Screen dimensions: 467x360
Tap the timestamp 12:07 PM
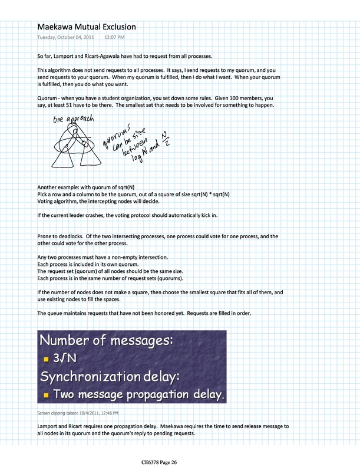click(x=114, y=37)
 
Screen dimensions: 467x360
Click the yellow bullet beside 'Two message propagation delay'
click(x=46, y=394)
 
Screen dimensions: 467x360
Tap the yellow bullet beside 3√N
click(x=46, y=359)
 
